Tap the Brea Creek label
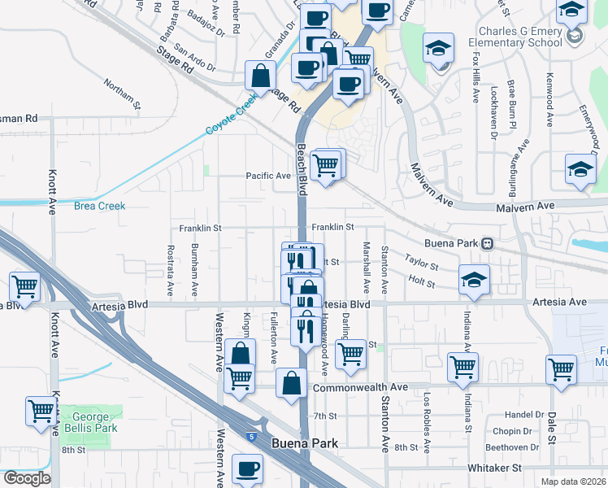tap(100, 206)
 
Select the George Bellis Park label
tap(90, 423)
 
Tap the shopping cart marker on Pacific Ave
tap(326, 165)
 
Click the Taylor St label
tap(422, 266)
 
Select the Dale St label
tap(551, 426)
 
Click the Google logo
tap(26, 478)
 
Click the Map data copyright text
tap(572, 481)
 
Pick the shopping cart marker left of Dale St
tap(561, 368)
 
